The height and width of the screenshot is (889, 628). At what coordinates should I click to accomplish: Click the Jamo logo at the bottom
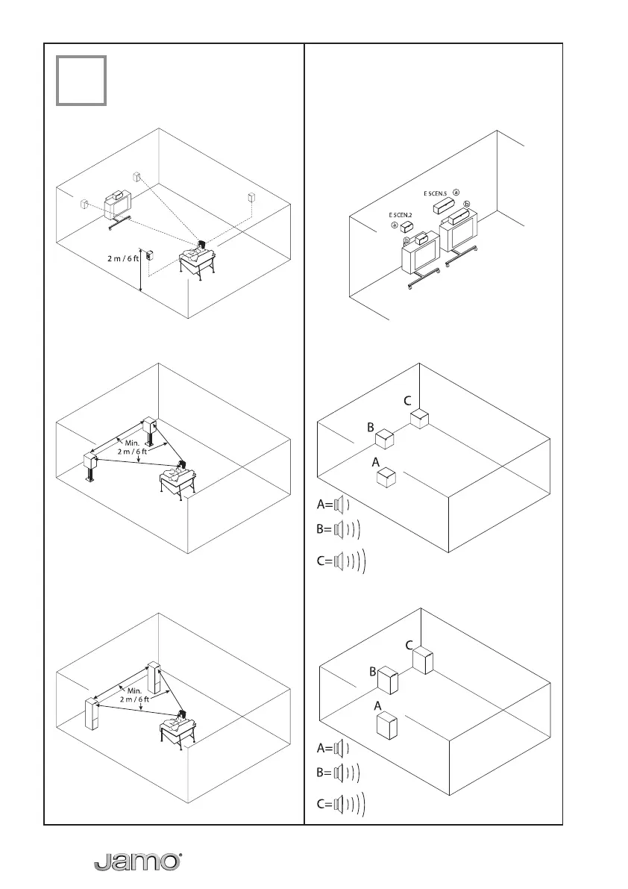[138, 861]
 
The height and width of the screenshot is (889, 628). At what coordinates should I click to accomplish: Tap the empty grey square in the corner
[81, 80]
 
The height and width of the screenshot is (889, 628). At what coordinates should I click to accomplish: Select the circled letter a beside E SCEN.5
[456, 192]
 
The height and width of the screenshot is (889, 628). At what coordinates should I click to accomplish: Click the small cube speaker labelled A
[386, 477]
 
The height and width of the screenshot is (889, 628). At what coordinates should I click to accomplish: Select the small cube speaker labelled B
[384, 437]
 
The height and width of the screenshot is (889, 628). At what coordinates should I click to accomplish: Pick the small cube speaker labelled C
[421, 418]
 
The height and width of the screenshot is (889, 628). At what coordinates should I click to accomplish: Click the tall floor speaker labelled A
[386, 726]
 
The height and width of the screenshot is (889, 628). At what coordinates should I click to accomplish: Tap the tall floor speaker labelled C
[423, 660]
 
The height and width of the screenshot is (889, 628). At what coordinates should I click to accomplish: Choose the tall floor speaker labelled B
[388, 680]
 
